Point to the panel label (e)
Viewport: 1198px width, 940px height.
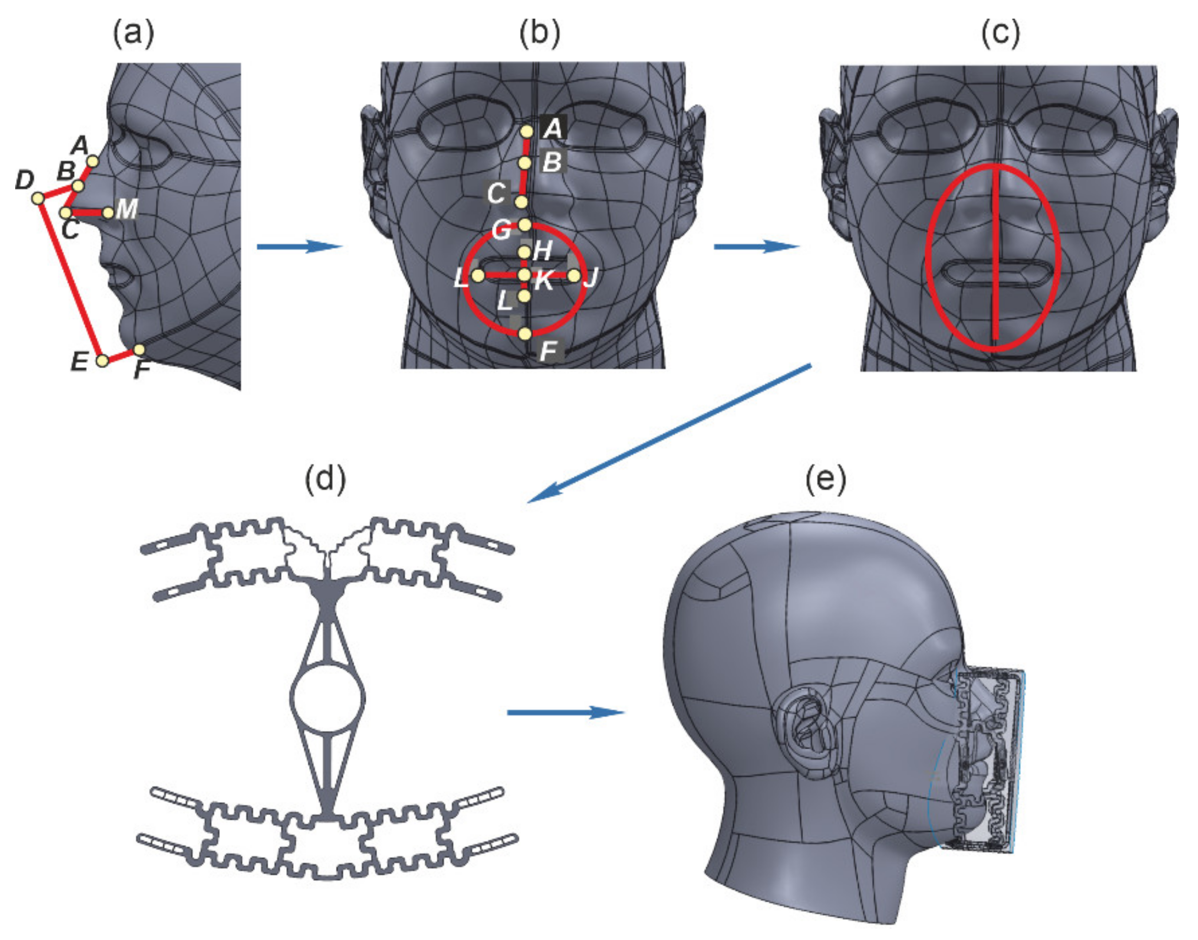click(826, 479)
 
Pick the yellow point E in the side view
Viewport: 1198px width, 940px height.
click(102, 360)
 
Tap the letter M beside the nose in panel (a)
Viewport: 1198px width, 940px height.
click(127, 209)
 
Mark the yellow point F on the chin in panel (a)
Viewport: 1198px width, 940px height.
click(139, 350)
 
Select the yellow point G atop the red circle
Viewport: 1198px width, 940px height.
click(525, 225)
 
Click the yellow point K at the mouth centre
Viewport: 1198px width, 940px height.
click(524, 274)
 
